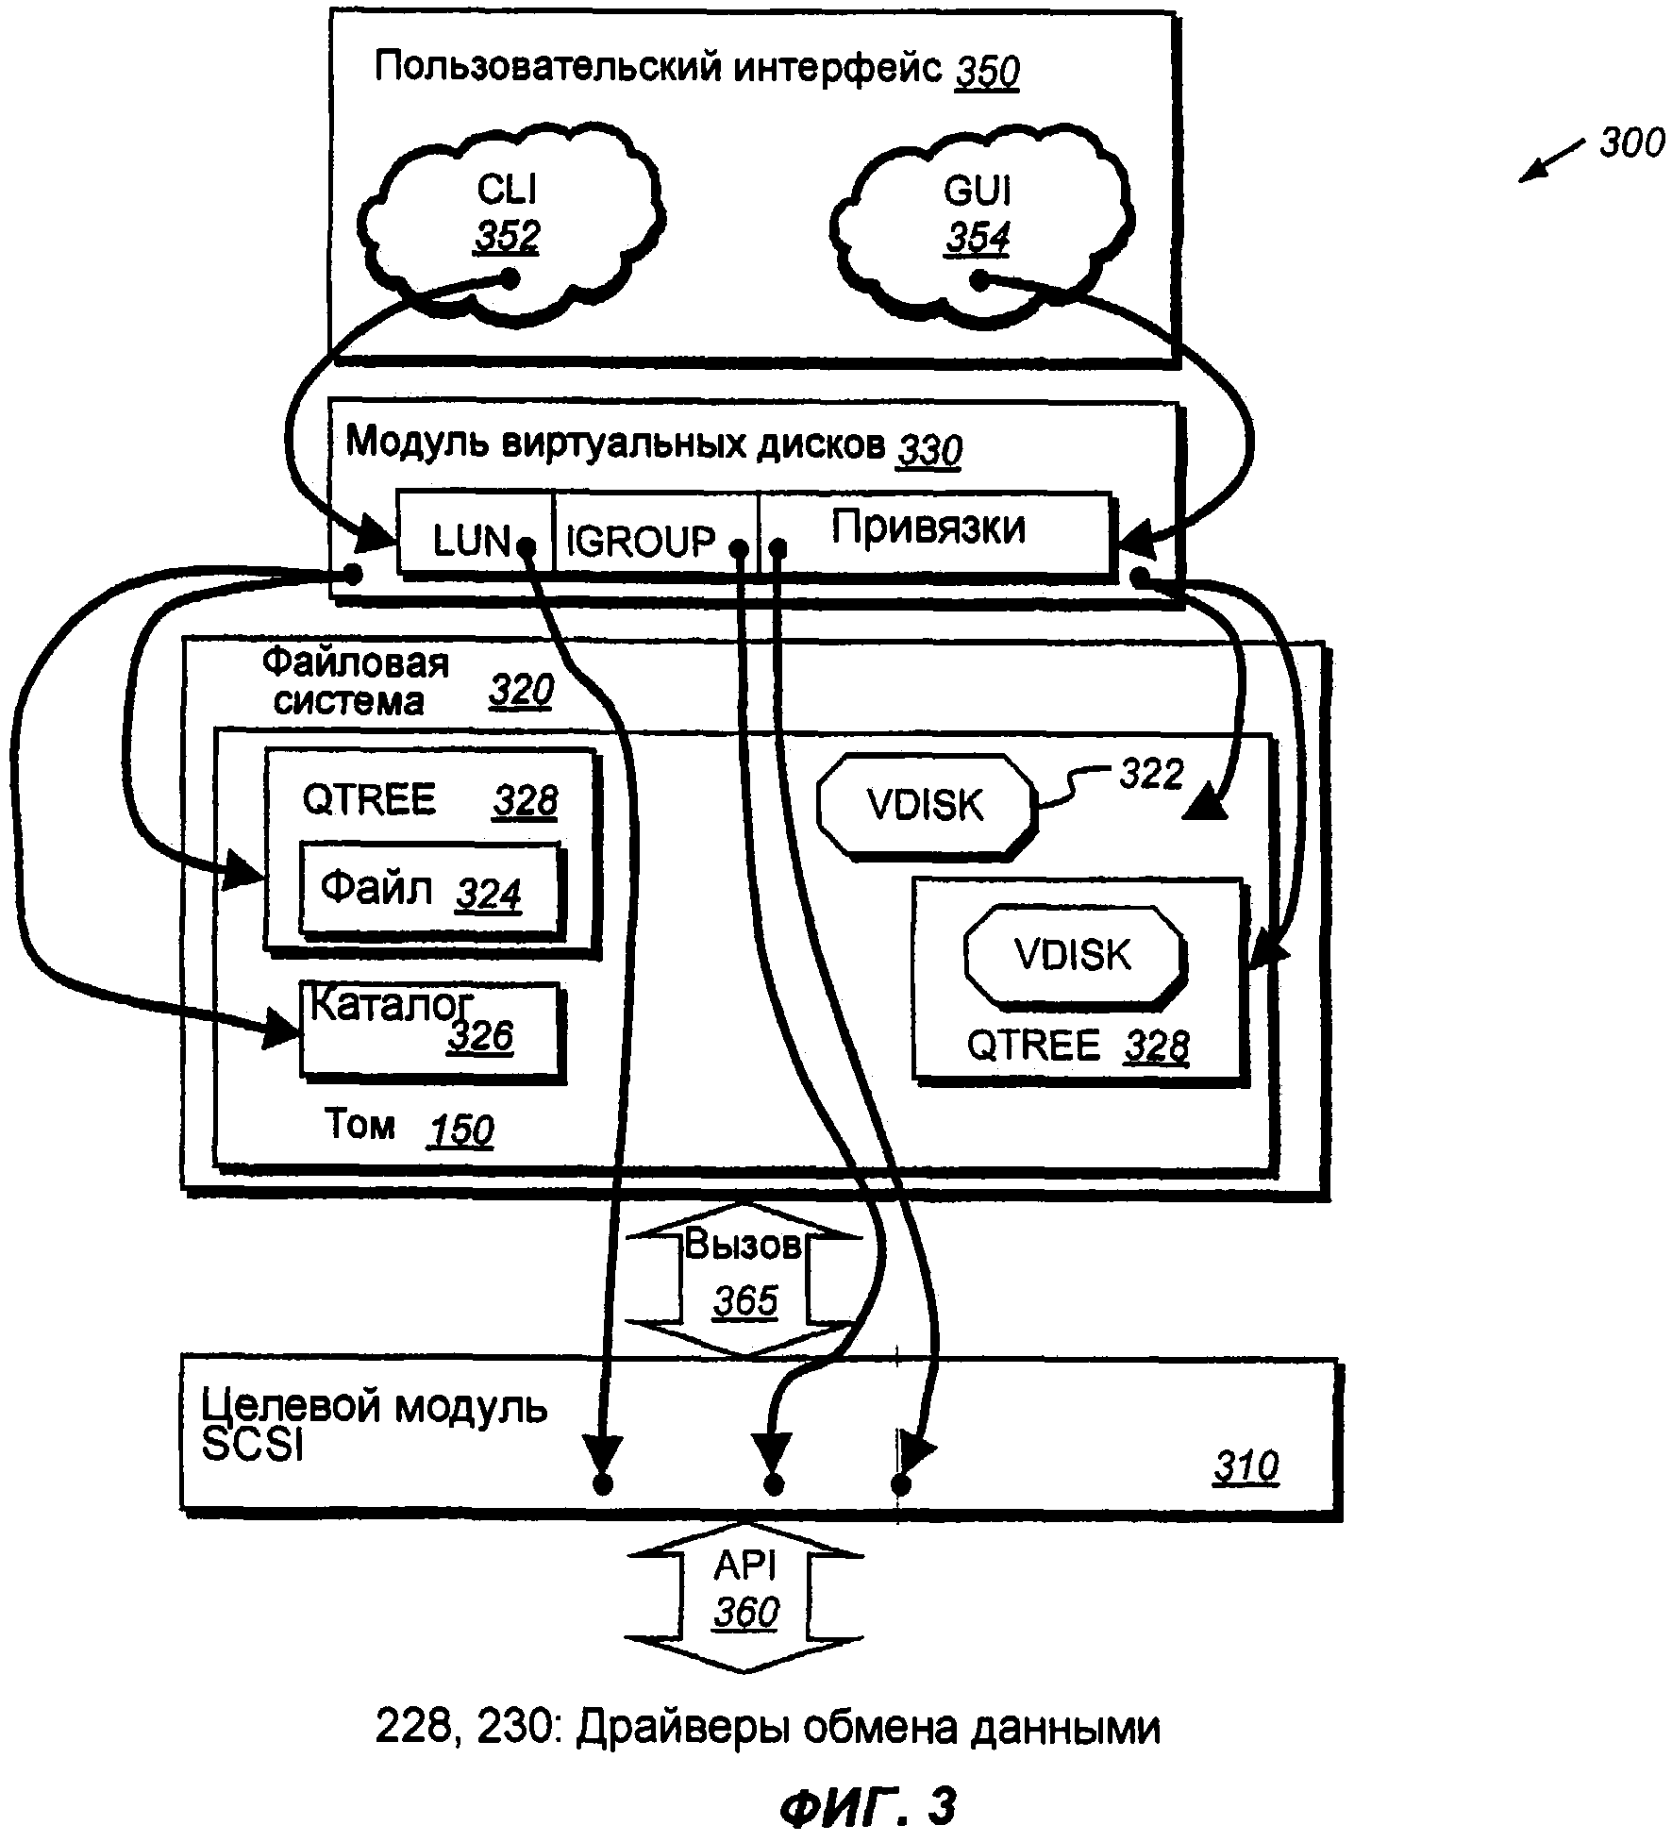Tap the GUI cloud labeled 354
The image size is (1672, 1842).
tap(978, 217)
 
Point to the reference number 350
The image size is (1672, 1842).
tap(987, 72)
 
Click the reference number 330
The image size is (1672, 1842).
tap(929, 451)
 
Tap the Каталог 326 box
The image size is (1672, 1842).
tap(429, 1029)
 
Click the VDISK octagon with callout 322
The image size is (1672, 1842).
tap(926, 806)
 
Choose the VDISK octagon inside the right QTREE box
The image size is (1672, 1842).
tap(1074, 955)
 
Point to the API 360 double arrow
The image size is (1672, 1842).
tap(744, 1595)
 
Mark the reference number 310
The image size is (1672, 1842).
tap(1246, 1467)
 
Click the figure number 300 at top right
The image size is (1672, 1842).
tap(1631, 143)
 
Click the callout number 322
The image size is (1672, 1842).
tap(1151, 775)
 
